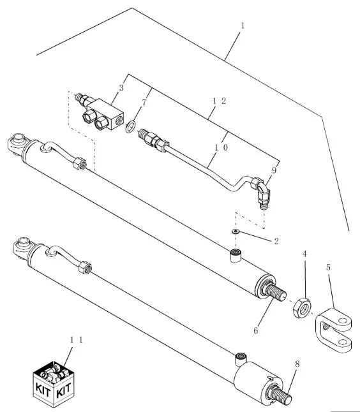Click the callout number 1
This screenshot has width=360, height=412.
click(x=243, y=26)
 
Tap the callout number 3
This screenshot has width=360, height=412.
click(x=121, y=88)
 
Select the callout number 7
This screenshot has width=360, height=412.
click(x=144, y=103)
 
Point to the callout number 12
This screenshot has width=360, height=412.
click(x=220, y=101)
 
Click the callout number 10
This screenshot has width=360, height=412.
click(x=221, y=148)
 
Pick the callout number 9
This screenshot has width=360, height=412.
click(x=274, y=170)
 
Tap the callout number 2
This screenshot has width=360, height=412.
click(x=276, y=241)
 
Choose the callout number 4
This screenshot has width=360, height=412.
click(x=304, y=254)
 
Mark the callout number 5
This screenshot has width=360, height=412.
click(x=329, y=267)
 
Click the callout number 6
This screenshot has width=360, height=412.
click(x=256, y=330)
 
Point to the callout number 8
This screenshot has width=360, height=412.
click(x=297, y=364)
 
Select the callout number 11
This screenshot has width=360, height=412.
click(x=77, y=340)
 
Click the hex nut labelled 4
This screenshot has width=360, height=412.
click(x=302, y=307)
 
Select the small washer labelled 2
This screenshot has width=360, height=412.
click(x=236, y=232)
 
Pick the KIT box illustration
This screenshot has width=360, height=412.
click(x=54, y=385)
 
